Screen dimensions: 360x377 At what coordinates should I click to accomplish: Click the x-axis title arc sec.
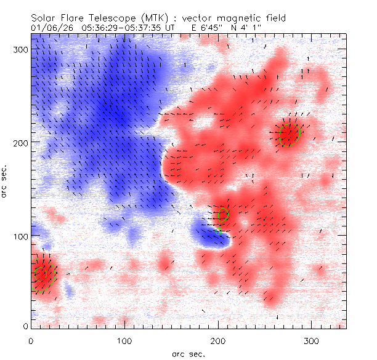click(188, 353)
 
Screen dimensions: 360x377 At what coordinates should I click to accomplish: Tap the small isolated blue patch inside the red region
click(210, 236)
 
